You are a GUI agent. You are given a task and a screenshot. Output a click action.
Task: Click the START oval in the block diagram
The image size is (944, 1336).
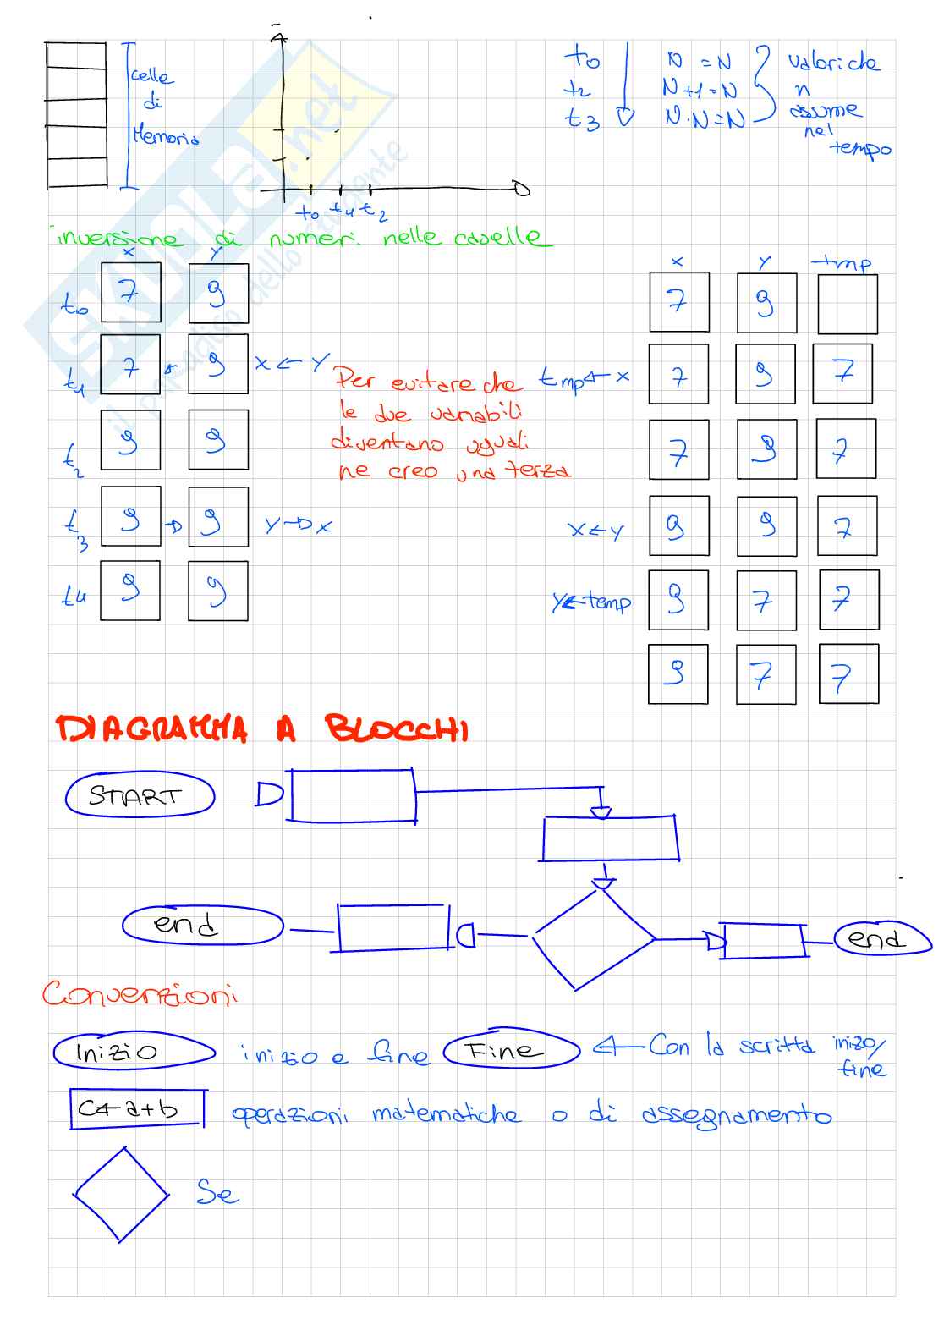[140, 796]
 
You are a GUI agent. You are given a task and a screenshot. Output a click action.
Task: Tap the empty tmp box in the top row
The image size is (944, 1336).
[847, 303]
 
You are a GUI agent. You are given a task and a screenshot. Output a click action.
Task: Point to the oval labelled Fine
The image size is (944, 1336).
[511, 1050]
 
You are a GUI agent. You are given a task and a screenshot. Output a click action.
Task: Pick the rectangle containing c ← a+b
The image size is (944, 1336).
[136, 1108]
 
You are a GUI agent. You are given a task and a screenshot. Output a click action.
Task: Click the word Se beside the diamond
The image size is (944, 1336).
[217, 1193]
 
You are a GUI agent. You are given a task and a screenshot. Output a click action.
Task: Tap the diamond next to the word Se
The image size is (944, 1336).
[121, 1194]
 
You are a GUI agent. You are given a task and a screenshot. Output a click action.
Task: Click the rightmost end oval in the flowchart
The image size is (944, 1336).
[882, 939]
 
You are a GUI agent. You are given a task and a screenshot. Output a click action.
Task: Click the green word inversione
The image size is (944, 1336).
[118, 238]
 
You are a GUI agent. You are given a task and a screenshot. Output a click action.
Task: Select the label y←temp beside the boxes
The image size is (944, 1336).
[591, 602]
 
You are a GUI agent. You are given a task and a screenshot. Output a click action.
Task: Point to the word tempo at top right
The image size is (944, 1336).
[861, 149]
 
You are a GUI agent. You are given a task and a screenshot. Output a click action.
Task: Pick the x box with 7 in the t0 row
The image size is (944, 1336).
[130, 292]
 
